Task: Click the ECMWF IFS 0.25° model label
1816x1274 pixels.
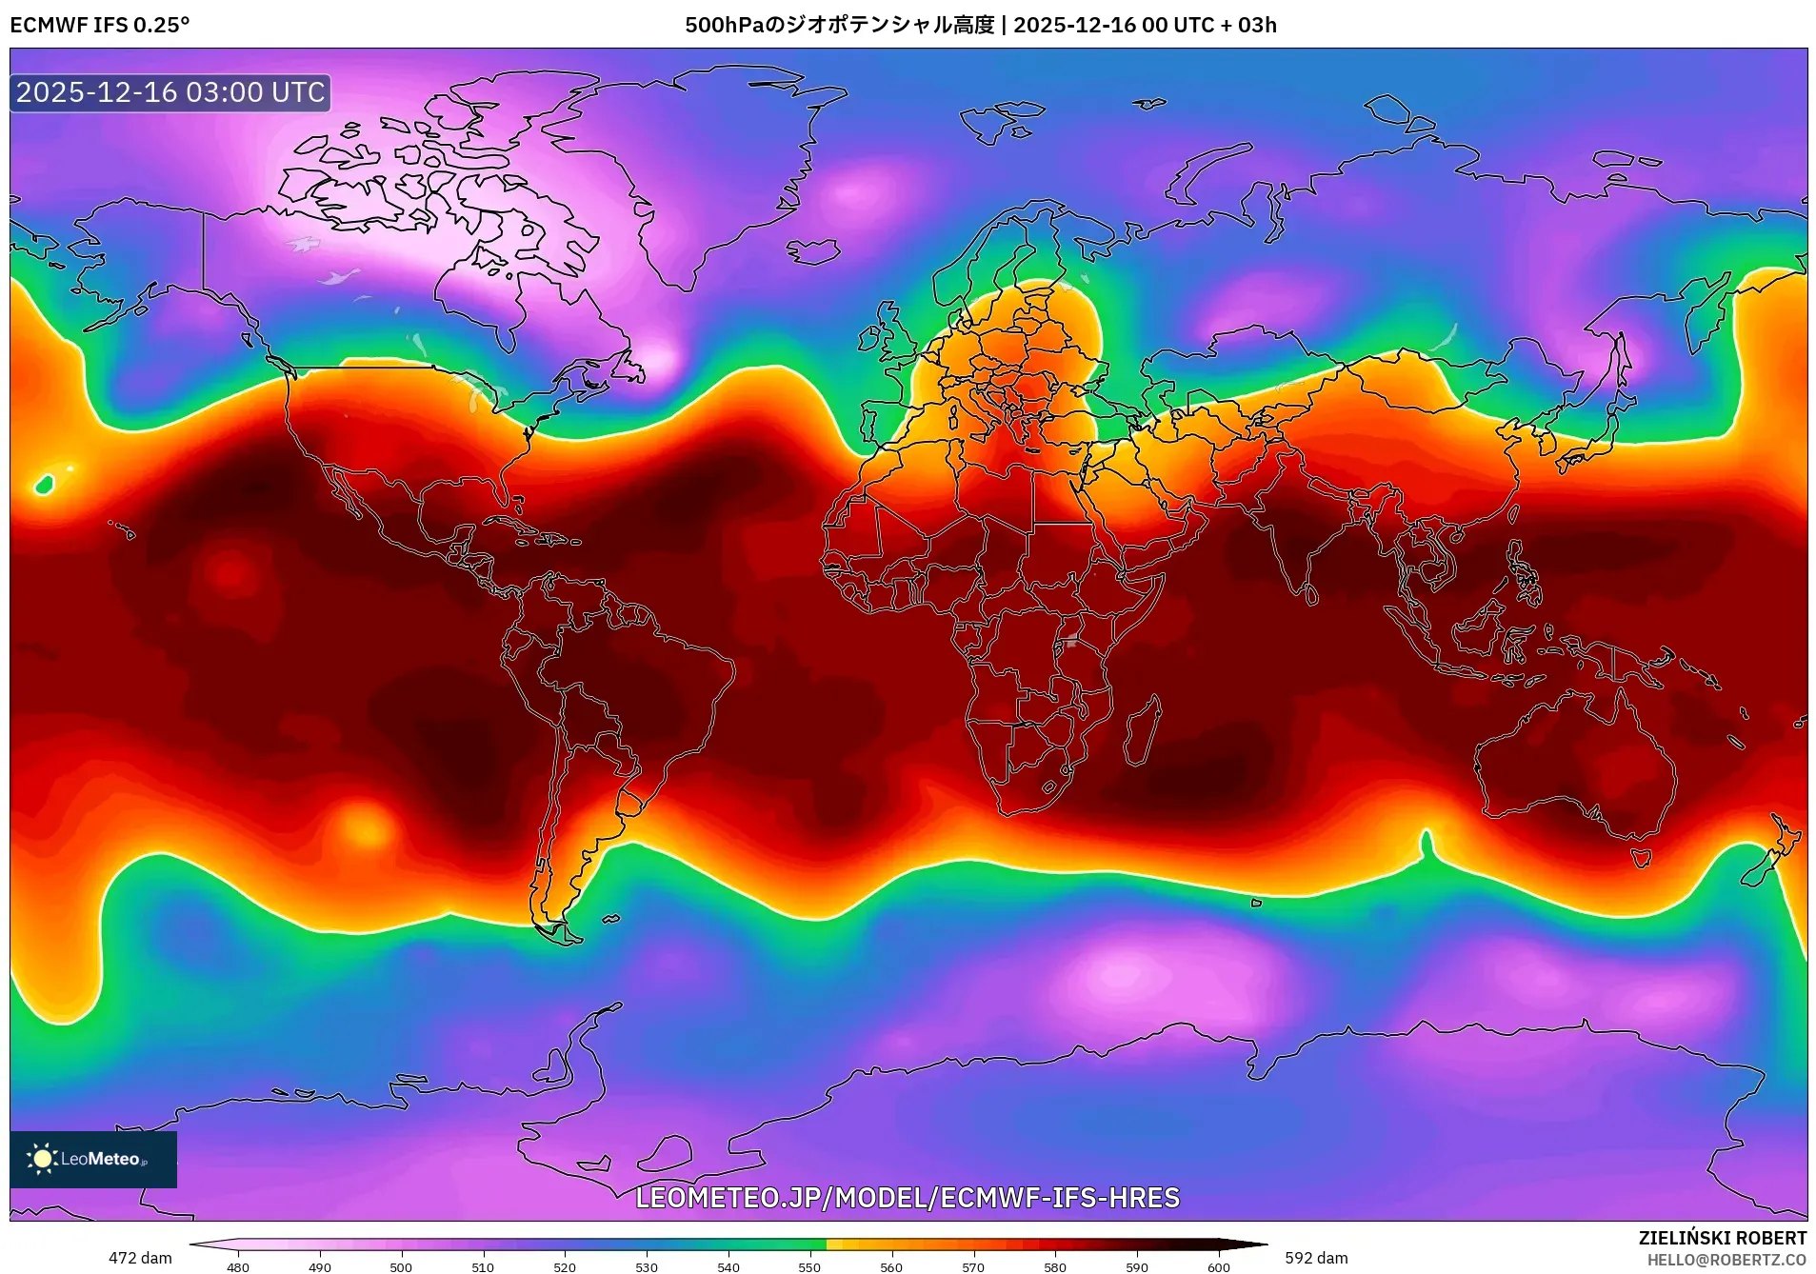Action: [x=100, y=25]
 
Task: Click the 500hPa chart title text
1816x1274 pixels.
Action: [x=980, y=25]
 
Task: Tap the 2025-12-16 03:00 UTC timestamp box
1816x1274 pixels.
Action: [x=170, y=92]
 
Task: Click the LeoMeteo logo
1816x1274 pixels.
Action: [x=93, y=1159]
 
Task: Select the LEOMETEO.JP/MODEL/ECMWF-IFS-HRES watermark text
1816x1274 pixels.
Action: [x=907, y=1198]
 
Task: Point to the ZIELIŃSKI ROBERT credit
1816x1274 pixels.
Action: [x=1722, y=1238]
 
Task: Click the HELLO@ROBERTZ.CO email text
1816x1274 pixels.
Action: [x=1726, y=1260]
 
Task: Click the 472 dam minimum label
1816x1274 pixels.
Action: [x=140, y=1258]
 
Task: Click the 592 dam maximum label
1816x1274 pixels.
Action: [x=1316, y=1258]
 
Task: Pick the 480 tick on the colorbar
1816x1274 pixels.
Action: [x=238, y=1266]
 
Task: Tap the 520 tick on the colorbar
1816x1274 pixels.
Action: [x=565, y=1266]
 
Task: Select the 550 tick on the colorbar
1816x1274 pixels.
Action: [x=809, y=1266]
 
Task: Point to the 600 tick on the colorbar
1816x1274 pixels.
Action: [x=1218, y=1266]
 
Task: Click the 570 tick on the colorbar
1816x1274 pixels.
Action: [x=973, y=1266]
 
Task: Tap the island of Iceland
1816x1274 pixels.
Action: [x=813, y=251]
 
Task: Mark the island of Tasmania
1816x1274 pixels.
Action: [x=1641, y=858]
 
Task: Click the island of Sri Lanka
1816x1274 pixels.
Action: [x=1311, y=595]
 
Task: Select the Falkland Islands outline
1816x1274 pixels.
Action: [x=610, y=919]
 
